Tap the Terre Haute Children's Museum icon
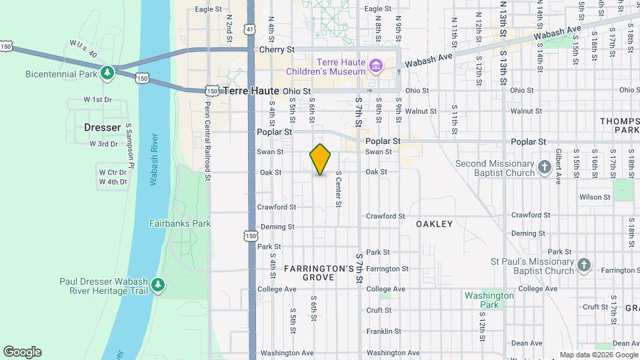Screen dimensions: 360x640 click(376, 66)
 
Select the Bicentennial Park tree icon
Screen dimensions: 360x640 click(107, 72)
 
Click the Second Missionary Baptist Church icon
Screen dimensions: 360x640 click(545, 167)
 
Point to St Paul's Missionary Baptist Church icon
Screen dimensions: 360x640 click(584, 265)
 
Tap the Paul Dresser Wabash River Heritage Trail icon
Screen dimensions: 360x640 click(158, 285)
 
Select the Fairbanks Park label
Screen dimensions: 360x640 click(180, 224)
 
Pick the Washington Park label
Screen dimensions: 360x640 click(489, 300)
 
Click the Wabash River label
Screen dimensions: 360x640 click(154, 160)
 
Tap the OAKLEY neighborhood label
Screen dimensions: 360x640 click(435, 224)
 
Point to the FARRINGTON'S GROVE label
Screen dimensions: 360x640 click(319, 273)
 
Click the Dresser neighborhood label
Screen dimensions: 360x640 click(102, 127)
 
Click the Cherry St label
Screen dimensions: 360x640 click(276, 50)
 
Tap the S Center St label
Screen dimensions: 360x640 click(339, 189)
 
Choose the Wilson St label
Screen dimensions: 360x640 click(595, 197)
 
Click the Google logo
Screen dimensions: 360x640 click(22, 352)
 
